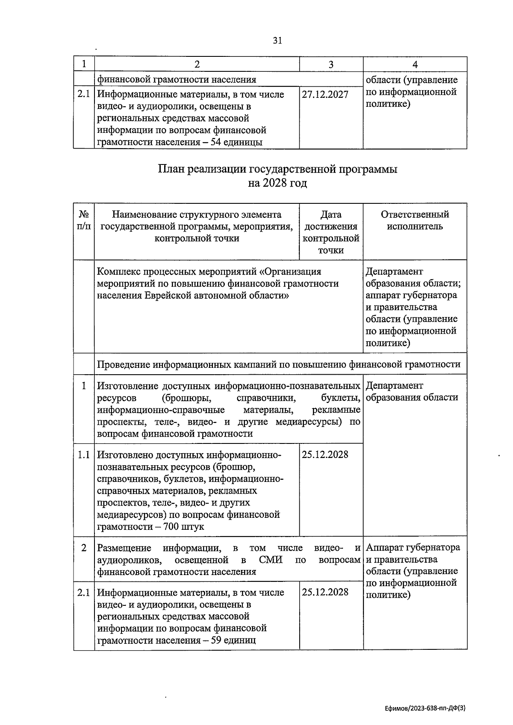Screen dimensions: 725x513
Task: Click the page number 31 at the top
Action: (x=277, y=41)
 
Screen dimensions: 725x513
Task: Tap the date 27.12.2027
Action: (x=325, y=94)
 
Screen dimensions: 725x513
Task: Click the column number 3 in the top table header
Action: (x=331, y=65)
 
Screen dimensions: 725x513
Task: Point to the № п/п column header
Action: (x=84, y=220)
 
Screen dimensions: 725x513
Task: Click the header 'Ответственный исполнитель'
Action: (x=415, y=220)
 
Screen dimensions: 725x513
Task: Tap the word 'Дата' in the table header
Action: (x=331, y=215)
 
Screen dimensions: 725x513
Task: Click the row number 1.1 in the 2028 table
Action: (x=84, y=455)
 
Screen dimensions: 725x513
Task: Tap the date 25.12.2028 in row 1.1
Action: (x=325, y=455)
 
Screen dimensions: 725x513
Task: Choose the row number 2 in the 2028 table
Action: (x=84, y=548)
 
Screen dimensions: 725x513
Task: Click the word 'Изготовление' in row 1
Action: (x=127, y=386)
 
